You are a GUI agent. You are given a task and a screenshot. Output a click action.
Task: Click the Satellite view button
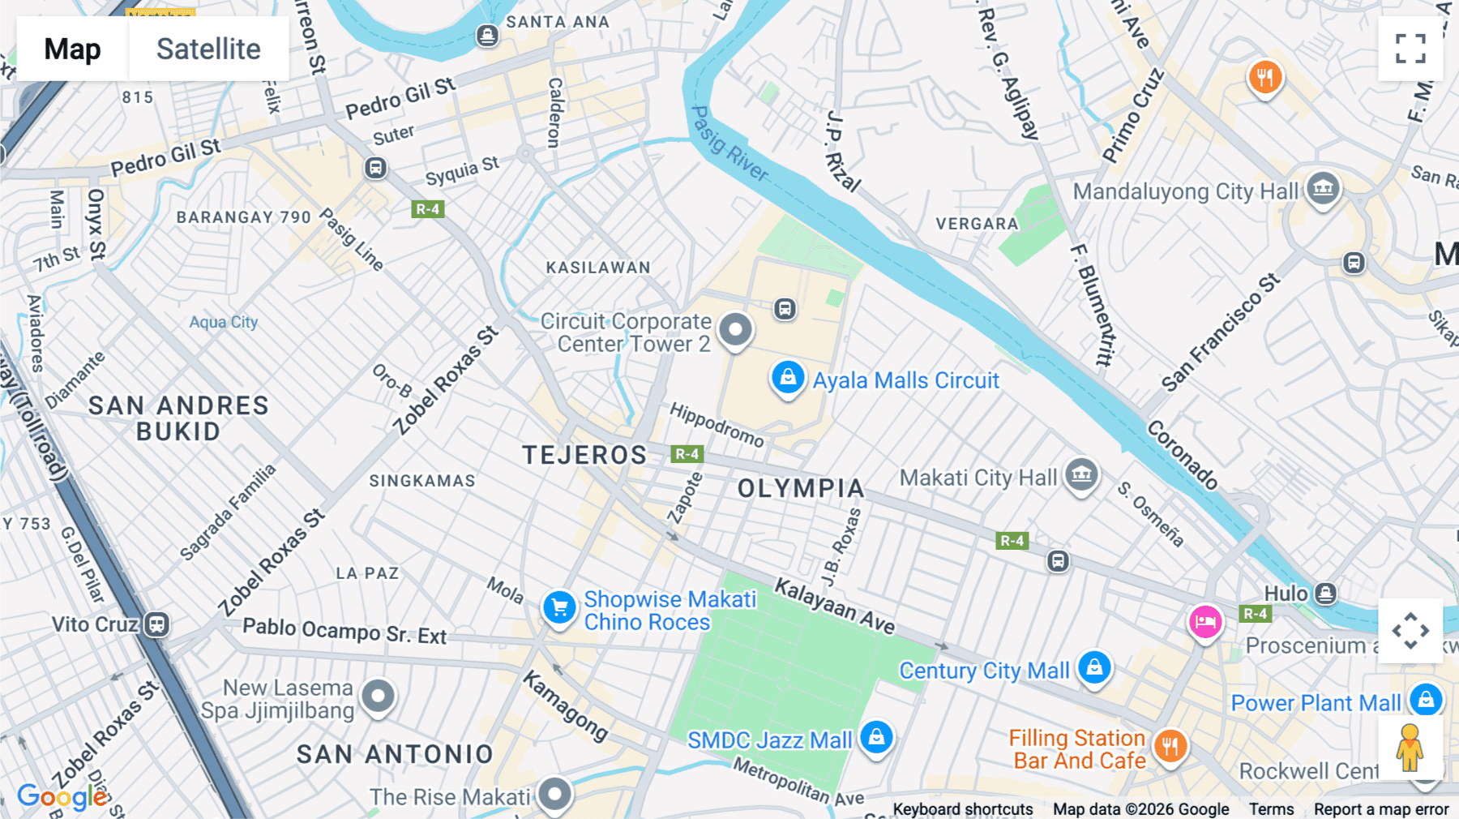(x=208, y=49)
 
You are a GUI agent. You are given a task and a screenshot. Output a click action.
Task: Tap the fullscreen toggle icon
(x=1410, y=49)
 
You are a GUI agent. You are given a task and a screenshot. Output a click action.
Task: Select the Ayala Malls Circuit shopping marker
(x=787, y=378)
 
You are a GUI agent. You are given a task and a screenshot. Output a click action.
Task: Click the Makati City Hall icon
(x=1081, y=474)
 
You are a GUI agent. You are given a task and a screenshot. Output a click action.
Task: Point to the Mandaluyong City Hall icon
(x=1323, y=189)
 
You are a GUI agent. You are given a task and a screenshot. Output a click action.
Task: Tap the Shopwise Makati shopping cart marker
(x=559, y=607)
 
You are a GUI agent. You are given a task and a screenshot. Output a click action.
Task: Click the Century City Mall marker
(x=1094, y=667)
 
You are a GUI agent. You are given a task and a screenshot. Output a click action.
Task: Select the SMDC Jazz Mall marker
(x=876, y=737)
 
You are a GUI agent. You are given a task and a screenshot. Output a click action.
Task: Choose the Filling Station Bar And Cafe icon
(x=1170, y=745)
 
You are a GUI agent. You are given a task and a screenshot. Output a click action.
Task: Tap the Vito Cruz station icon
(x=156, y=624)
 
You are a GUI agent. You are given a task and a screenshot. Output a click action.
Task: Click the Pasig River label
(x=729, y=144)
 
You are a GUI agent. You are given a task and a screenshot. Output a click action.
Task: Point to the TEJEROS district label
(x=584, y=455)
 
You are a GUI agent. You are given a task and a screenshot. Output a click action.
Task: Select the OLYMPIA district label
(x=801, y=488)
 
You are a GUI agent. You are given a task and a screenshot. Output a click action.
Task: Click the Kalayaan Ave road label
(x=834, y=607)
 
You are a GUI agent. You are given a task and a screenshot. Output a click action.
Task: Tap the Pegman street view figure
(x=1410, y=747)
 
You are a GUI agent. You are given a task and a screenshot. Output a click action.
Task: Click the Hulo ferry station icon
(x=1325, y=594)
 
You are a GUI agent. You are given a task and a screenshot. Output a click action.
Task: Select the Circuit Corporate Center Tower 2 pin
(x=735, y=330)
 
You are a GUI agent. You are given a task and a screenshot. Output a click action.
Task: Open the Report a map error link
(x=1380, y=809)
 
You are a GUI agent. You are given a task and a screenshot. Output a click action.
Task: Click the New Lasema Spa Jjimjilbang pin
(x=378, y=696)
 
